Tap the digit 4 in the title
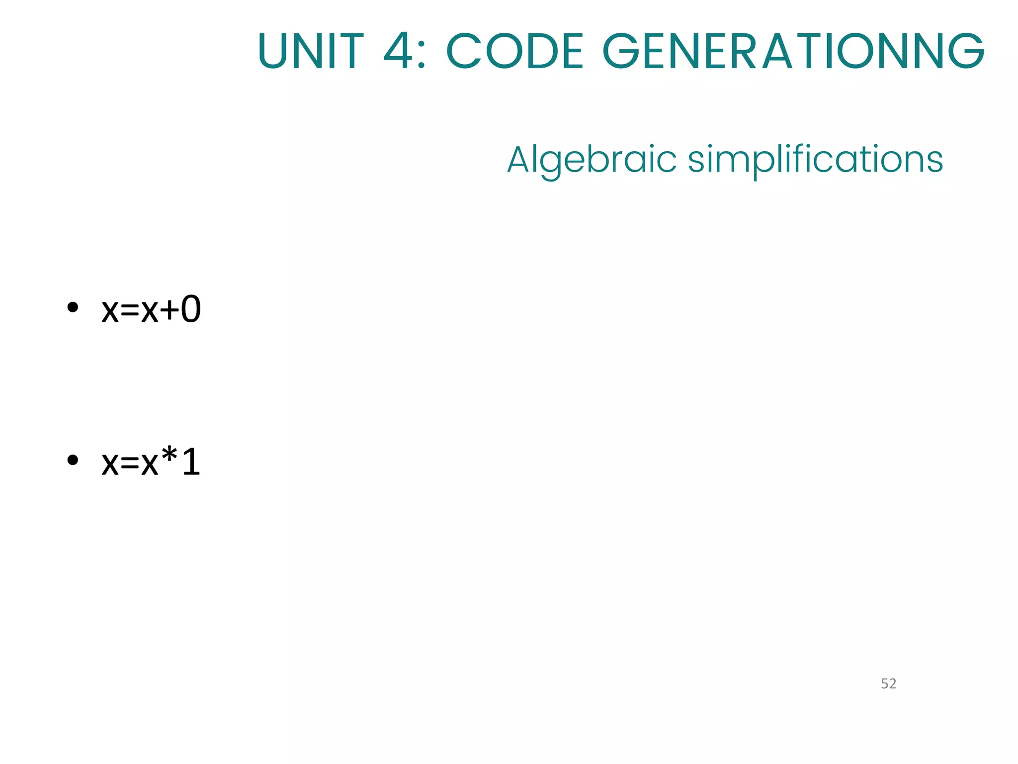pyautogui.click(x=398, y=51)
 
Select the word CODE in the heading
pyautogui.click(x=514, y=51)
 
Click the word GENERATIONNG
pyautogui.click(x=793, y=51)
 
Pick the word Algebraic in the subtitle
pyautogui.click(x=592, y=160)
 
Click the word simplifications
pyautogui.click(x=815, y=160)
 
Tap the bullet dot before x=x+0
pyautogui.click(x=73, y=307)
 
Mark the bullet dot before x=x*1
pyautogui.click(x=73, y=460)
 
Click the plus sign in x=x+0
pyautogui.click(x=169, y=310)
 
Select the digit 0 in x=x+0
pyautogui.click(x=191, y=309)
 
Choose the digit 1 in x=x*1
pyautogui.click(x=191, y=462)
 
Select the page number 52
pyautogui.click(x=888, y=684)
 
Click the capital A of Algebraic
pyautogui.click(x=519, y=160)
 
